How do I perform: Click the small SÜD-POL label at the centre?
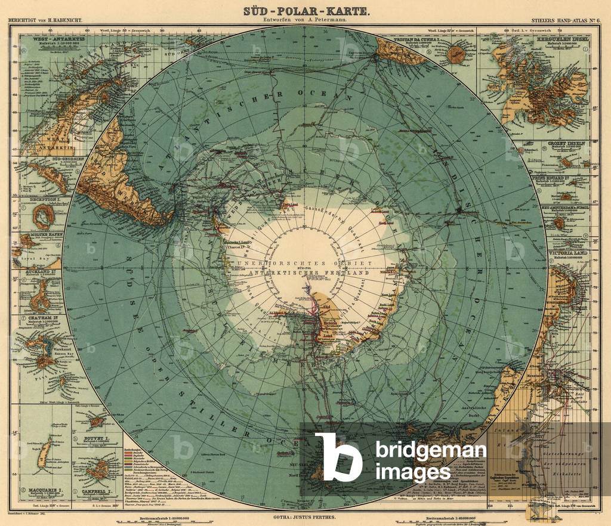click(305, 268)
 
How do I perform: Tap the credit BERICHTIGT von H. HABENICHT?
click(45, 20)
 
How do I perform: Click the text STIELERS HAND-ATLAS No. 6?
click(570, 20)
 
